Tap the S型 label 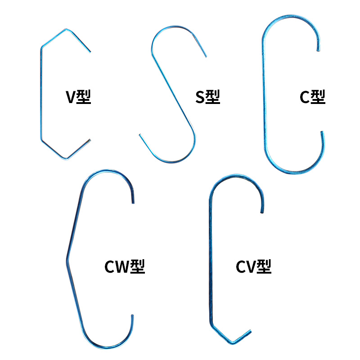[x=207, y=97]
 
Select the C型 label [x=312, y=97]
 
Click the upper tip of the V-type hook [x=90, y=51]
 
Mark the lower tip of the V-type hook [x=90, y=139]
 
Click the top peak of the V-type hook [x=66, y=30]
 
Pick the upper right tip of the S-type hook [x=206, y=57]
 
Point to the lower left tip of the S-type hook [x=140, y=135]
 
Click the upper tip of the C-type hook [x=319, y=50]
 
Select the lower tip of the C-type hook [x=321, y=132]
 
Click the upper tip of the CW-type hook [x=133, y=202]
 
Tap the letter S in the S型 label [x=200, y=97]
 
